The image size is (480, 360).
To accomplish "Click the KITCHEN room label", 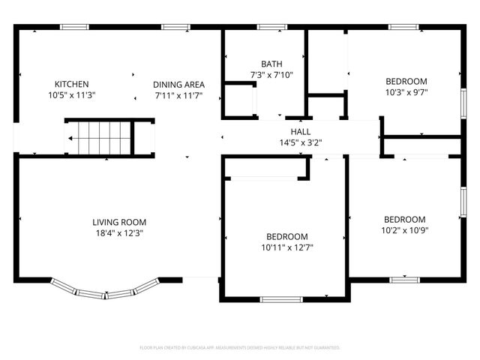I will (72, 83).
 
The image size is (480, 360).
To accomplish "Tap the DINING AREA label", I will (178, 84).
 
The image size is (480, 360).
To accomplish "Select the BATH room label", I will (271, 64).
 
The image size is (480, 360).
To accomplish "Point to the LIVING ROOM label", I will (118, 222).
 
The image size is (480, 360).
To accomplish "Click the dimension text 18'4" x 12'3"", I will (118, 233).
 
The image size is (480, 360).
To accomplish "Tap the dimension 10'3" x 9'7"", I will (406, 93).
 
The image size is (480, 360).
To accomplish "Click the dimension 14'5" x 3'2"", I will (300, 142).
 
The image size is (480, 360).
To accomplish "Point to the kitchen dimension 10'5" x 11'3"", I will (72, 95).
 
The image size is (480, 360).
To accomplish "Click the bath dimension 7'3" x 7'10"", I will (271, 75).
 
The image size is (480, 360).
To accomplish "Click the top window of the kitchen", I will (73, 27).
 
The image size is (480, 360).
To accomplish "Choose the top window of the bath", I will (271, 27).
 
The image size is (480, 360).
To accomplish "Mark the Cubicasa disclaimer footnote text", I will (240, 348).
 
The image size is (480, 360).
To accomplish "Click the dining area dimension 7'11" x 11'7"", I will (178, 95).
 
